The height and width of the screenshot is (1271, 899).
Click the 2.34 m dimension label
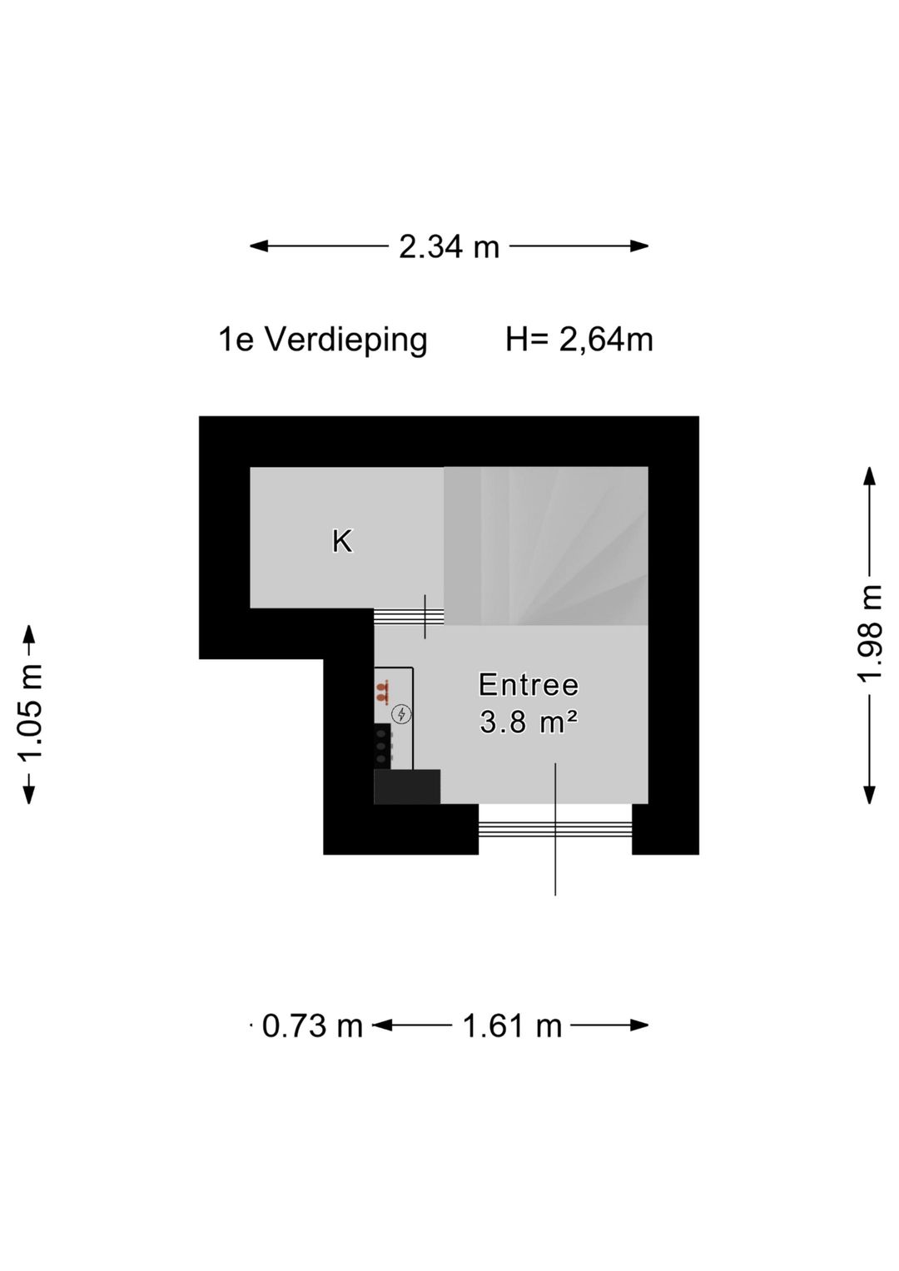coord(449,246)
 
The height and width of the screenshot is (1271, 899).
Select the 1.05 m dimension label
coord(30,713)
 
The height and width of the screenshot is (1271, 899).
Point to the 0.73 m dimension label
coord(312,1025)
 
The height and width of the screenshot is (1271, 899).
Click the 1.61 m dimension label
coord(512,1025)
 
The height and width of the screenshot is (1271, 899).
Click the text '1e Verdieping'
coord(323,340)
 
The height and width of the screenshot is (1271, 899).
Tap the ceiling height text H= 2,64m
coord(579,340)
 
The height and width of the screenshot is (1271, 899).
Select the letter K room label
coord(342,542)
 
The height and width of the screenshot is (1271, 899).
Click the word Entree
coord(529,685)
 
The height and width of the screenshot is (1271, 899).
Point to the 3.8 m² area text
coord(529,722)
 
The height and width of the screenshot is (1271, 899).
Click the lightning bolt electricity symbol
coord(402,714)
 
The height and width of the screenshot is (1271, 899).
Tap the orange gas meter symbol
coord(382,690)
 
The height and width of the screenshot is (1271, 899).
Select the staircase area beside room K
coord(545,545)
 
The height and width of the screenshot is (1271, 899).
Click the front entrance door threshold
coord(555,828)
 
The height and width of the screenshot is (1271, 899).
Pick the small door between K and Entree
coord(409,616)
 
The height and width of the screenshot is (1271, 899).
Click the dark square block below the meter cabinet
coord(406,787)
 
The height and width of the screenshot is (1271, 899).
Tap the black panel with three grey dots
coord(382,746)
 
